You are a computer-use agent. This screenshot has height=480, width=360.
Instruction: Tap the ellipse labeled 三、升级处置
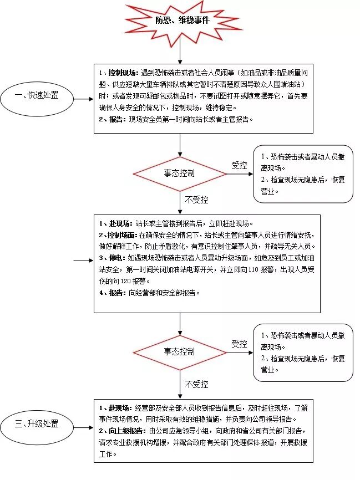click(x=37, y=425)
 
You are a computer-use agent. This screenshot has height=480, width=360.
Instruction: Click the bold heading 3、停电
click(x=111, y=258)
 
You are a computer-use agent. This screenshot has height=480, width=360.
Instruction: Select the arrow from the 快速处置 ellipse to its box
click(x=83, y=100)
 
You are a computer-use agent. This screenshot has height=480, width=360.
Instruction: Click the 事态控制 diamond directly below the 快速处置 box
click(x=179, y=173)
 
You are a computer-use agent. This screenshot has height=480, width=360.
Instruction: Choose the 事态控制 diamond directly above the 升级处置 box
click(x=179, y=351)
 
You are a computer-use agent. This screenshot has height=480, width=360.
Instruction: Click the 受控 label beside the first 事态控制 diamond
click(x=239, y=165)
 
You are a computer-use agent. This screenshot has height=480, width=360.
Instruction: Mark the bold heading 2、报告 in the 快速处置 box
click(x=111, y=119)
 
